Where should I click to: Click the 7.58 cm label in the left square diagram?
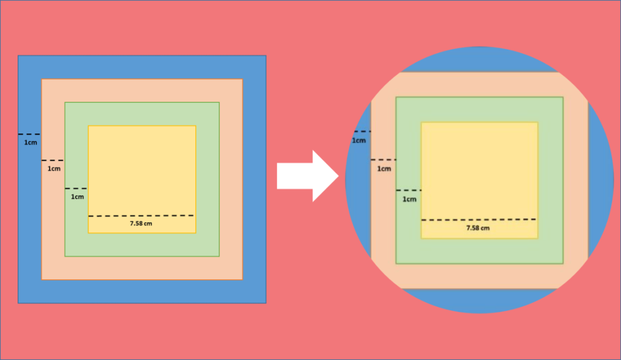(141, 224)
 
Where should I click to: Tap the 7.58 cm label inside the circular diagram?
(478, 228)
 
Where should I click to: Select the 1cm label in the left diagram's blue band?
(30, 142)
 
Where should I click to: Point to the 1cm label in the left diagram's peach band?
(54, 168)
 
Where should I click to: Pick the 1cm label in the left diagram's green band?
(77, 196)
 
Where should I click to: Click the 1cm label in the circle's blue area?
(359, 141)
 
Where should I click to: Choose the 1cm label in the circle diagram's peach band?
(384, 169)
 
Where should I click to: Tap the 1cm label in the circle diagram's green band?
(409, 199)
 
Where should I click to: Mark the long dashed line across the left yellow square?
(141, 216)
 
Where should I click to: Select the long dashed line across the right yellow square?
(479, 219)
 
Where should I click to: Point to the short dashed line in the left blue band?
(29, 135)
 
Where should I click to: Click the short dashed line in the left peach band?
(53, 160)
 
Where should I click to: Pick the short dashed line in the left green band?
(76, 188)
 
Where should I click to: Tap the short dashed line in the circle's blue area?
(363, 132)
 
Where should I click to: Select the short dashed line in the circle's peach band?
(383, 160)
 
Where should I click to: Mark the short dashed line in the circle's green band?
(409, 190)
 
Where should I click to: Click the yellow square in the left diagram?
(142, 179)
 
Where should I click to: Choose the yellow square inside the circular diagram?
(479, 180)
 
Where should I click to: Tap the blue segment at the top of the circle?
(480, 59)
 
